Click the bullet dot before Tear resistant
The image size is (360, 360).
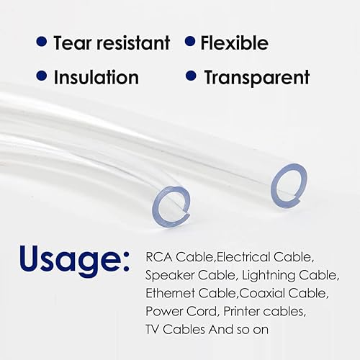coord(42,42)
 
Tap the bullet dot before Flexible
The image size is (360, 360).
coord(189,42)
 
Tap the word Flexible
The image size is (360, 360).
coord(235,42)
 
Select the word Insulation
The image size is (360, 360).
coord(96,76)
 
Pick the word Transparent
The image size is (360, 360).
coord(257,76)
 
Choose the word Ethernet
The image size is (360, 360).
coord(168,293)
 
